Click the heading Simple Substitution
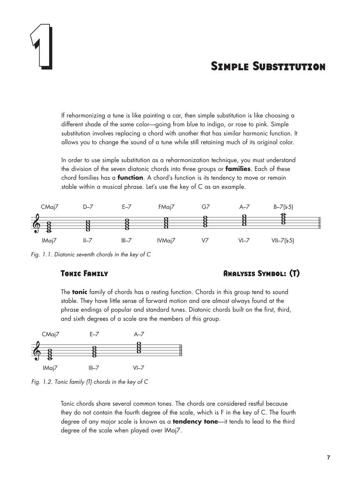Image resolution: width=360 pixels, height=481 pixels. pyautogui.click(x=268, y=66)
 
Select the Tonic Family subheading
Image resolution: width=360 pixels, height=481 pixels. pyautogui.click(x=84, y=274)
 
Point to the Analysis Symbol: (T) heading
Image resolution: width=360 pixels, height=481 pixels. pyautogui.click(x=261, y=274)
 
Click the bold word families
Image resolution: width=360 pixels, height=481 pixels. pyautogui.click(x=238, y=169)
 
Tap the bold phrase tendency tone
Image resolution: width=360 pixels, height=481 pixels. pyautogui.click(x=195, y=421)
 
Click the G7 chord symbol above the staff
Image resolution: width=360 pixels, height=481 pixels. pyautogui.click(x=205, y=207)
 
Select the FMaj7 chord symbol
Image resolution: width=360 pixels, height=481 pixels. pyautogui.click(x=166, y=207)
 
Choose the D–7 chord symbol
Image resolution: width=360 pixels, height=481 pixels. pyautogui.click(x=87, y=207)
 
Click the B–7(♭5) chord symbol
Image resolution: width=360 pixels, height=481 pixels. pyautogui.click(x=283, y=207)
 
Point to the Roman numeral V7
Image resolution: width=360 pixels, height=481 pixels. pyautogui.click(x=205, y=240)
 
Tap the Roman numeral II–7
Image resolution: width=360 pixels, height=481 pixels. pyautogui.click(x=87, y=240)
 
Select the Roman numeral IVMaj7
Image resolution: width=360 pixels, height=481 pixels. pyautogui.click(x=166, y=240)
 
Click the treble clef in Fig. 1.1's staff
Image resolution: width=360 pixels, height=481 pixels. pyautogui.click(x=37, y=224)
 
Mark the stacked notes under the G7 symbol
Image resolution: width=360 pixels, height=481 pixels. pyautogui.click(x=205, y=221)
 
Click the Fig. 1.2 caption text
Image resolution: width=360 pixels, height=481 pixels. pyautogui.click(x=90, y=382)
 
